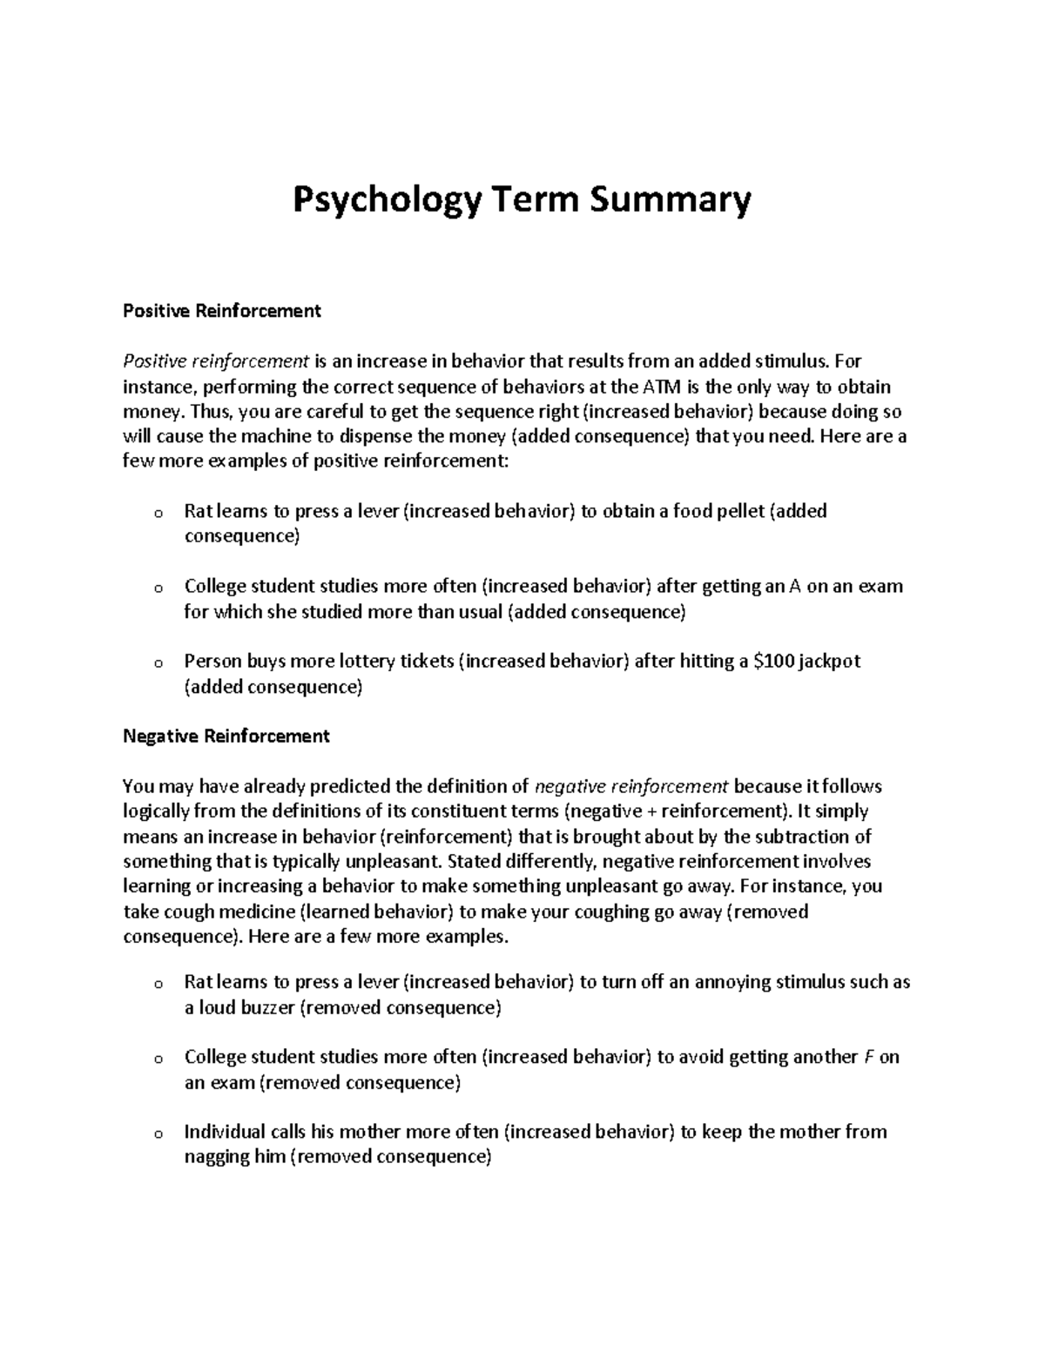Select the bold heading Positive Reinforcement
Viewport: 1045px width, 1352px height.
pos(222,311)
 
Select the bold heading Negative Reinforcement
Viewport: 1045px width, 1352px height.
pos(226,736)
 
